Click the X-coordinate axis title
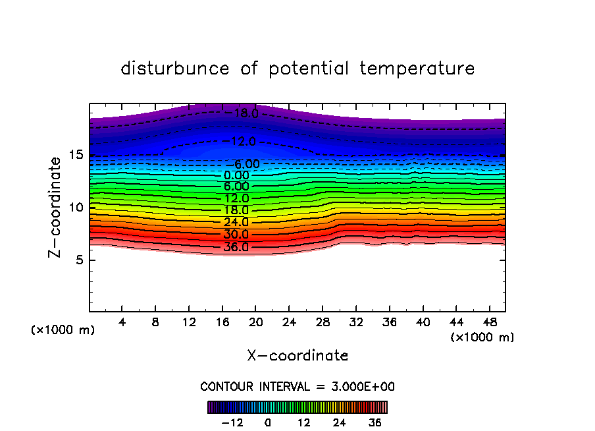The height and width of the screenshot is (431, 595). [x=297, y=356]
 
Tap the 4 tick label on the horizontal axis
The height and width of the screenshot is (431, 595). [x=122, y=322]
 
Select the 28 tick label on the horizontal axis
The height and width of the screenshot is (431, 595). [x=323, y=322]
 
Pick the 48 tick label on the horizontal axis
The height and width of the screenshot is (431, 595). [x=489, y=322]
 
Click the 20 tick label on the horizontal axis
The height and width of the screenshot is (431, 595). [x=256, y=322]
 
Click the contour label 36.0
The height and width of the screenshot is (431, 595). [x=236, y=248]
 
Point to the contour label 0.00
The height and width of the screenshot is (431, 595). [x=236, y=175]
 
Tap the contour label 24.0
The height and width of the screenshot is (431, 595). [x=236, y=223]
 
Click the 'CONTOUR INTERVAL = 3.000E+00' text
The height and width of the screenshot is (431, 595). [x=297, y=386]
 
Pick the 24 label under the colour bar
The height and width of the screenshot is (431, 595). [x=340, y=422]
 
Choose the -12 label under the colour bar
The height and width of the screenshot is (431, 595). [x=232, y=422]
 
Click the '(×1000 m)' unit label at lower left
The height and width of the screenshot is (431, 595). [x=63, y=330]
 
